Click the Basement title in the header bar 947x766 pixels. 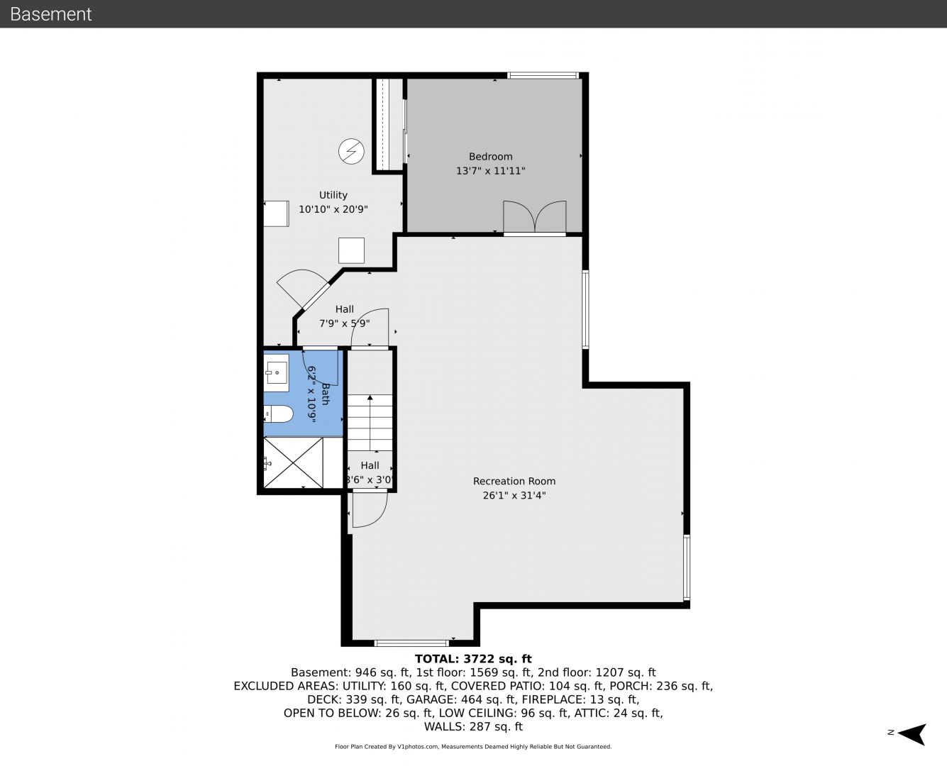click(50, 14)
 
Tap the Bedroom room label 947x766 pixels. click(490, 157)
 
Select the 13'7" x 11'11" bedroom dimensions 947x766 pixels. click(490, 171)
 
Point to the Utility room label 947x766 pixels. click(333, 195)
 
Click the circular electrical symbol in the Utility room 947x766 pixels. click(351, 151)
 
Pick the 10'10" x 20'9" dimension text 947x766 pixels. click(333, 209)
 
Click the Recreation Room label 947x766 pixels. click(514, 481)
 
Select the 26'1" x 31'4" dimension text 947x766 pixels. click(514, 495)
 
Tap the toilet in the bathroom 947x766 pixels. click(279, 414)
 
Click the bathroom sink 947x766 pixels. click(277, 372)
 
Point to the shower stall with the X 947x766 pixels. click(294, 463)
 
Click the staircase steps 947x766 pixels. click(370, 422)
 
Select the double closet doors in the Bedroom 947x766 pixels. click(534, 216)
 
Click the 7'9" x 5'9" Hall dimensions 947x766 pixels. click(345, 323)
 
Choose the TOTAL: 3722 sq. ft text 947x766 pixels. click(473, 659)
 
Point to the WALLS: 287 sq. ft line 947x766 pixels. click(473, 727)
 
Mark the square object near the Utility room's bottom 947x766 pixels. click(351, 250)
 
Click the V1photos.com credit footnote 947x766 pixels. click(473, 747)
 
